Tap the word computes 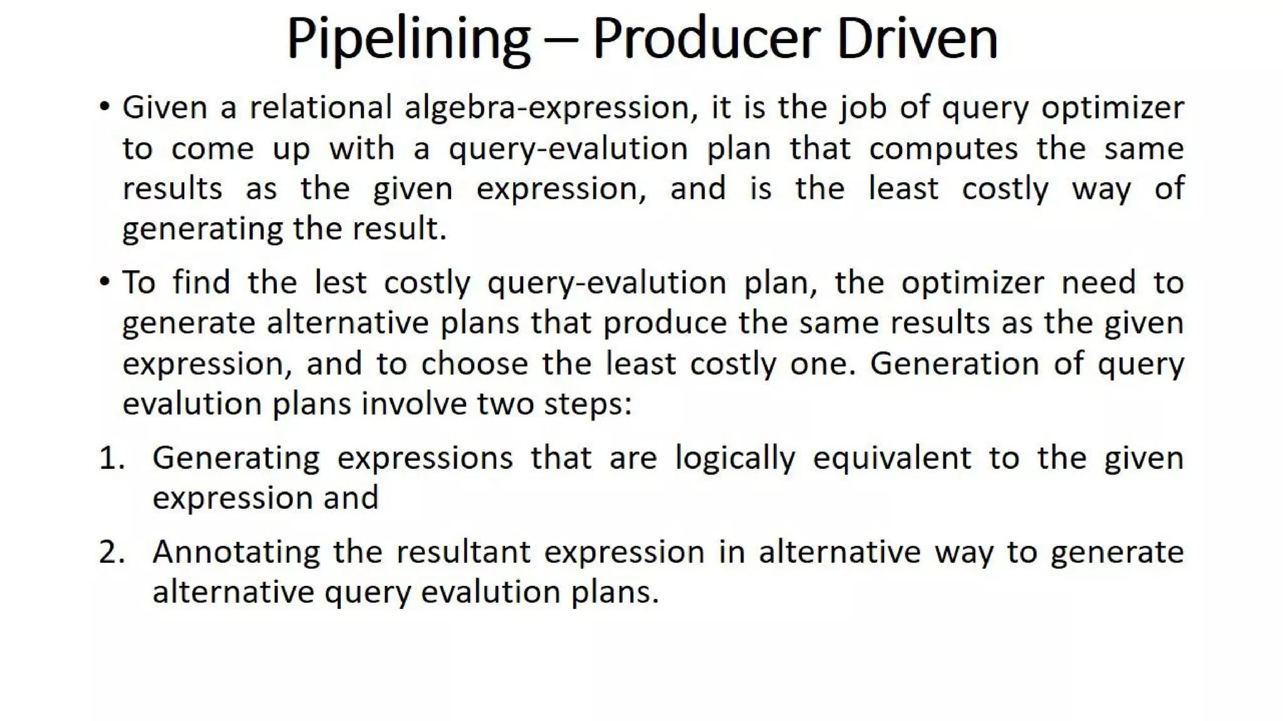click(943, 150)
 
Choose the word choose click(474, 364)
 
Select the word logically click(735, 459)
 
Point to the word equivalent click(892, 459)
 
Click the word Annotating click(236, 553)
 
